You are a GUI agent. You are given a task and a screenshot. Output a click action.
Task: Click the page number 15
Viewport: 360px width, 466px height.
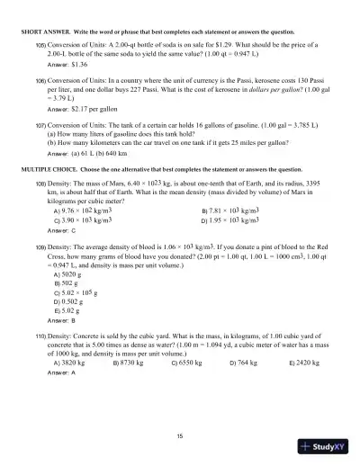pyautogui.click(x=180, y=435)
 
